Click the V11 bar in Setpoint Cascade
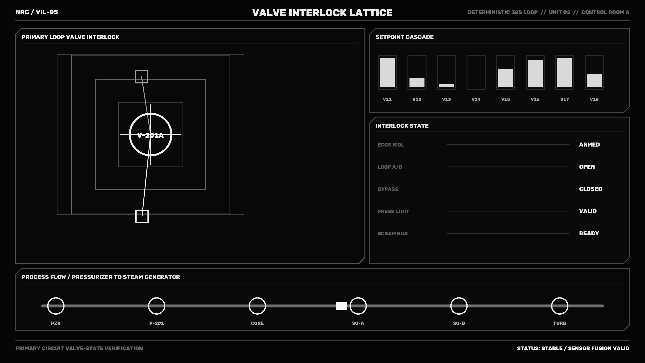[387, 73]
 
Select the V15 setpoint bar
[506, 78]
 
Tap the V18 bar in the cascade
[594, 81]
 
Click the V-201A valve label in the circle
[150, 135]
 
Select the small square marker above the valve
[141, 77]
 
